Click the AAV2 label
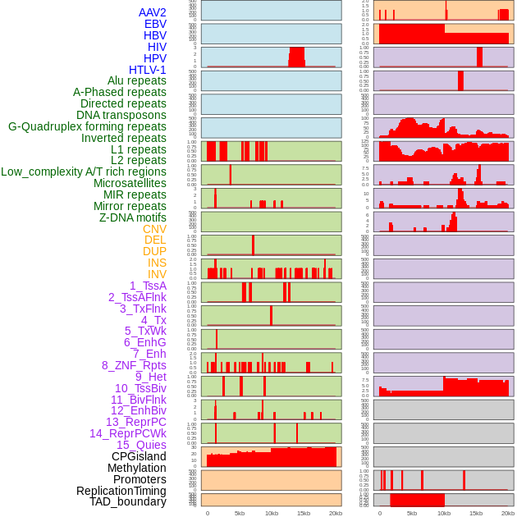click(x=152, y=12)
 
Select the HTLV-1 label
click(x=147, y=70)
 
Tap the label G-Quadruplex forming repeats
click(x=87, y=126)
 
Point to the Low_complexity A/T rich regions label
click(x=84, y=172)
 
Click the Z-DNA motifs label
click(x=132, y=217)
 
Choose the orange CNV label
click(x=154, y=229)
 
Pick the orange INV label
click(x=157, y=274)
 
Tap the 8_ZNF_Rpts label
click(x=134, y=365)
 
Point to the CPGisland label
click(x=139, y=456)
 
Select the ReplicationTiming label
click(x=121, y=491)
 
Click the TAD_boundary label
click(x=128, y=501)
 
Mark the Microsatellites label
click(x=130, y=183)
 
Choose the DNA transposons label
click(x=121, y=115)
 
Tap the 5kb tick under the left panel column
click(x=240, y=513)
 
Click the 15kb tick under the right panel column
click(x=476, y=513)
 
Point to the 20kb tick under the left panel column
click(x=335, y=513)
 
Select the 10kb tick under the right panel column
click(x=444, y=513)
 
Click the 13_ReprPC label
click(x=135, y=422)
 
